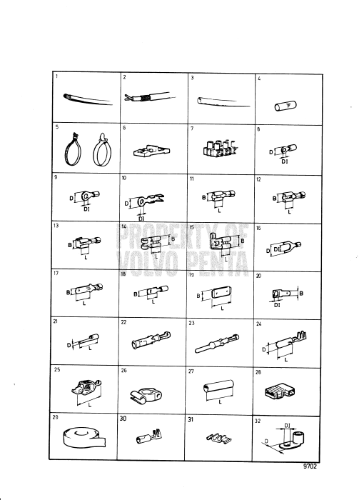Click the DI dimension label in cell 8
(284, 161)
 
